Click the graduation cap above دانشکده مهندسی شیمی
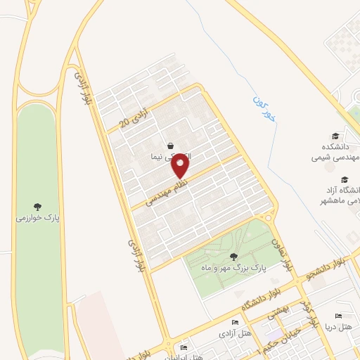(335, 136)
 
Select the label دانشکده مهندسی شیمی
(336, 153)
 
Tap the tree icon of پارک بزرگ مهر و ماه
(233, 257)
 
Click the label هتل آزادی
(230, 332)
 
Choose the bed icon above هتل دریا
(339, 316)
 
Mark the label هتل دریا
(337, 328)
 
